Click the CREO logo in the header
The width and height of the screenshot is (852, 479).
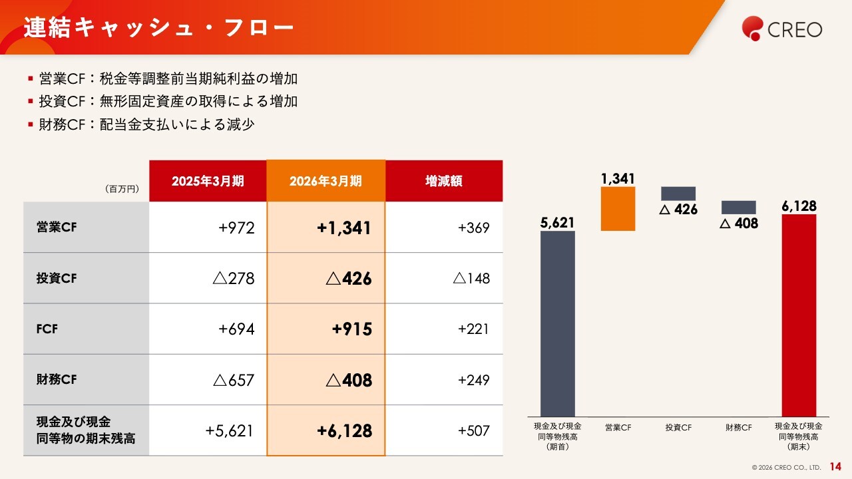[x=782, y=29]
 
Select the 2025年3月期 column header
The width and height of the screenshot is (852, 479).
[x=208, y=181]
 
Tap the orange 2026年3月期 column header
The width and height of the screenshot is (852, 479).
[x=325, y=181]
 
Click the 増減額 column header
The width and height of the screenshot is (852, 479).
[x=444, y=181]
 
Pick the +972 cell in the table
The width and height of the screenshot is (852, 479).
[x=236, y=228]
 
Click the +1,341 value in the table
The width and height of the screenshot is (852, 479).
[x=344, y=228]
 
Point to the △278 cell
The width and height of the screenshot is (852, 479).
[x=234, y=278]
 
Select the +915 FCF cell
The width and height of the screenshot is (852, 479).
[x=352, y=329]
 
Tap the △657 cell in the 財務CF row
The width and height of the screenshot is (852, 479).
[x=234, y=380]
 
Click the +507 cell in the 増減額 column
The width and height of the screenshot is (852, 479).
[x=473, y=430]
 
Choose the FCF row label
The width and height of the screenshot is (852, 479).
[x=47, y=329]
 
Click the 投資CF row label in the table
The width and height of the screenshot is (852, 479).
[x=57, y=278]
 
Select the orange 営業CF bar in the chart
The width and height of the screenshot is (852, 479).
[x=618, y=209]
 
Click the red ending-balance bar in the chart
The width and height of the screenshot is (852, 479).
[x=799, y=315]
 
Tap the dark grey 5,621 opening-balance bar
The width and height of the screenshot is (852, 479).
[x=558, y=324]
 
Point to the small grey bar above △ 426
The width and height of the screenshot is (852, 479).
[x=678, y=194]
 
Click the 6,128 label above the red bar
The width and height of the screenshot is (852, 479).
[x=799, y=206]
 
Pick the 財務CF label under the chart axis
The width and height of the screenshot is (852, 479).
[x=739, y=427]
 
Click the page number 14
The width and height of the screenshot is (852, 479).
[x=835, y=466]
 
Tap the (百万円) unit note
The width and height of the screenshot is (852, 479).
[x=122, y=189]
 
